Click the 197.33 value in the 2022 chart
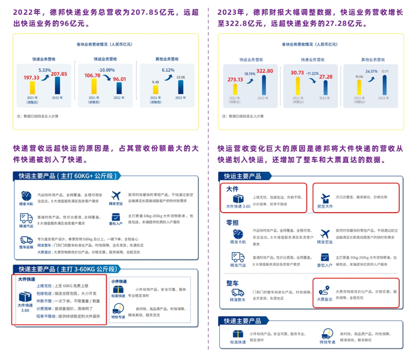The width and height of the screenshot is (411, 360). tap(31, 78)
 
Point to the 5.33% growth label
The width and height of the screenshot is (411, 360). tap(44, 70)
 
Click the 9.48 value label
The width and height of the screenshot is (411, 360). tap(155, 82)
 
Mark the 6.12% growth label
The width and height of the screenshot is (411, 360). tap(168, 70)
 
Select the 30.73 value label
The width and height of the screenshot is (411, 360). tap(297, 72)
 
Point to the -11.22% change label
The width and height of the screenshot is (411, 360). tap(311, 73)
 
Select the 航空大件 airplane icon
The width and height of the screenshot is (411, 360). tap(324, 198)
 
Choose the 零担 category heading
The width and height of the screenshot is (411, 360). tap(232, 222)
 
